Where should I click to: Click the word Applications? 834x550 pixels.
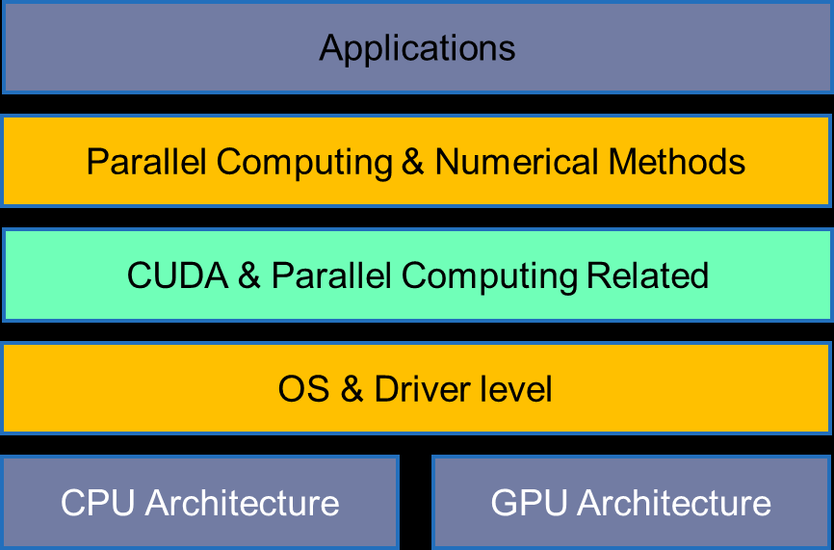pos(417,49)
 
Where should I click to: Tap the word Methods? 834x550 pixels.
pos(677,161)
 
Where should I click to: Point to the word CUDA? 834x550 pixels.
pos(177,275)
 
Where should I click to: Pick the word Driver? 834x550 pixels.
pos(423,389)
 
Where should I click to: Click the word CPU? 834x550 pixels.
pos(98,503)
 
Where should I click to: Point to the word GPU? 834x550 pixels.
pos(529,503)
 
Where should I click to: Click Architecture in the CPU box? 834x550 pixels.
pos(242,503)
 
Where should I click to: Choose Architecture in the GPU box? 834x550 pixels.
pos(674,503)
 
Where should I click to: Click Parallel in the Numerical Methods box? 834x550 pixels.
pos(146,161)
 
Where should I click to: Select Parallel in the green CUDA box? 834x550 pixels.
pos(331,275)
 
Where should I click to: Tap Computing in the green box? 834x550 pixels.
pos(489,277)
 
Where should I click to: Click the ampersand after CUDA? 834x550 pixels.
pos(249,275)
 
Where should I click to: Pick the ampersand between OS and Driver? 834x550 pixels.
pos(352,389)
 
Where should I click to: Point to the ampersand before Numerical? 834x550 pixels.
pos(413,161)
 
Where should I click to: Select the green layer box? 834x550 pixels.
pos(417,275)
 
